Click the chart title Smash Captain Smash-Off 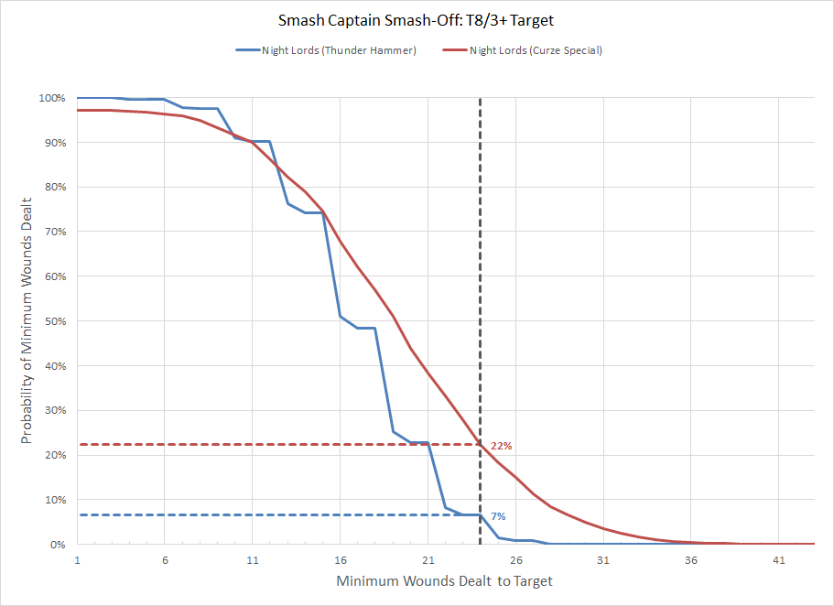[417, 19]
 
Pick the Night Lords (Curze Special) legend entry [535, 50]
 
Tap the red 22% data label [501, 446]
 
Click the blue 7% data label [498, 517]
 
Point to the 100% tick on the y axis [51, 98]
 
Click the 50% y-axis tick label [54, 321]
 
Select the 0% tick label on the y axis [57, 545]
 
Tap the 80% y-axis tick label [54, 188]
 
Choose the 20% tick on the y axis [54, 455]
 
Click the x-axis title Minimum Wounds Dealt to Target [445, 581]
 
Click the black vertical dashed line [480, 275]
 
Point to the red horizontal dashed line [275, 445]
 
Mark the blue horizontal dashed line [275, 515]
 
